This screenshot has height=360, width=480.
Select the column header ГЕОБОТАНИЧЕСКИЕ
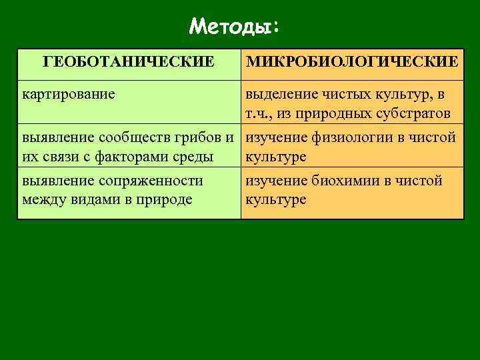tap(129, 62)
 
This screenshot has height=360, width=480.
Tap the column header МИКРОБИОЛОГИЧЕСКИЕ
tap(352, 62)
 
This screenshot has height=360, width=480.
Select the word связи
tap(63, 157)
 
